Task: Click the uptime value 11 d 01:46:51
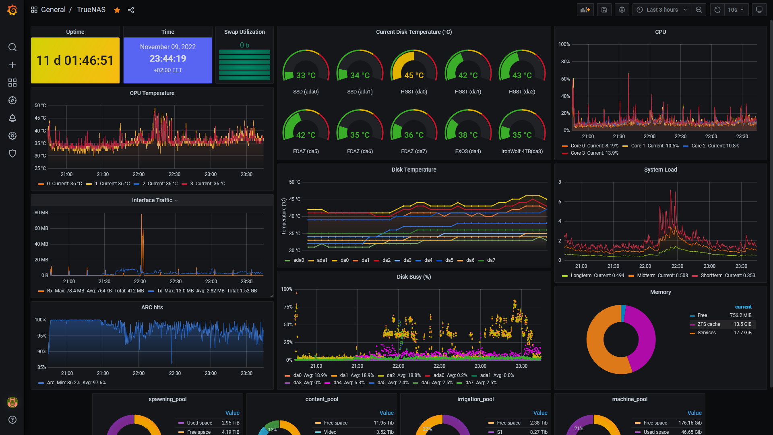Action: pyautogui.click(x=75, y=60)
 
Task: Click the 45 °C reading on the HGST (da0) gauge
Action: pyautogui.click(x=414, y=75)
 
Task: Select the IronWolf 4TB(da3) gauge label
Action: pyautogui.click(x=522, y=151)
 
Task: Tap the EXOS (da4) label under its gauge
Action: pyautogui.click(x=468, y=151)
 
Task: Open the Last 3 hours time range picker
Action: pyautogui.click(x=662, y=10)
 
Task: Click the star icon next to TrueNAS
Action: pyautogui.click(x=117, y=10)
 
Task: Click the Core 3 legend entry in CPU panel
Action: pyautogui.click(x=590, y=153)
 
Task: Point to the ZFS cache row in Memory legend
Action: pyautogui.click(x=721, y=324)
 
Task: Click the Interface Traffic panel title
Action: pyautogui.click(x=152, y=200)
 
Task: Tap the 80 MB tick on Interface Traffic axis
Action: pyautogui.click(x=41, y=213)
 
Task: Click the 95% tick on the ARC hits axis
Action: pyautogui.click(x=42, y=336)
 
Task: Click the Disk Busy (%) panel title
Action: pyautogui.click(x=414, y=277)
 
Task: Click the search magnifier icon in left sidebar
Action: pyautogui.click(x=12, y=47)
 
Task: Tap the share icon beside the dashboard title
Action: pyautogui.click(x=131, y=10)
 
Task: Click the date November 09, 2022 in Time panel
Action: pyautogui.click(x=168, y=47)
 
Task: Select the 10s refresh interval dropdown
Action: pyautogui.click(x=736, y=10)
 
